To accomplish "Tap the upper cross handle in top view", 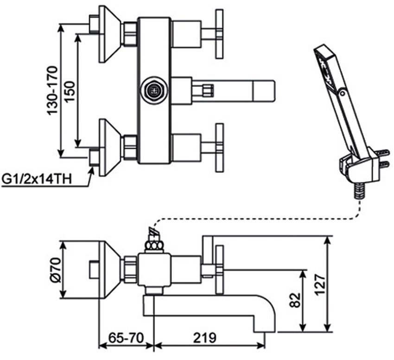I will click(x=219, y=33).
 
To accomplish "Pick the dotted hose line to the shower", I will click(x=260, y=218).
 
